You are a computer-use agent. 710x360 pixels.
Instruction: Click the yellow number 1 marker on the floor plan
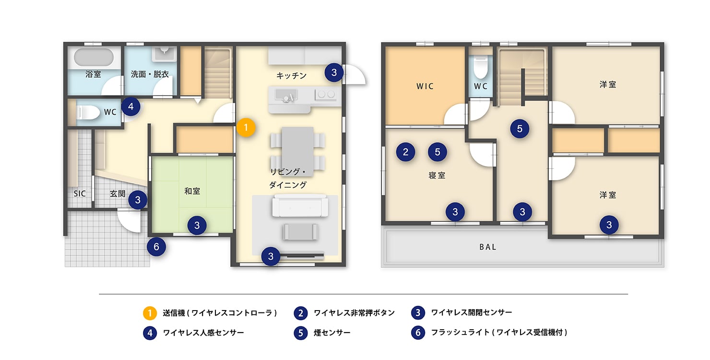(246, 128)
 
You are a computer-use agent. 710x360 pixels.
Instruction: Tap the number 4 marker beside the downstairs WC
(131, 106)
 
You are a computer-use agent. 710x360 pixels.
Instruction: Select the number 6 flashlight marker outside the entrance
(156, 247)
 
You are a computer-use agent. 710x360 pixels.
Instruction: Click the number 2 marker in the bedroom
(406, 152)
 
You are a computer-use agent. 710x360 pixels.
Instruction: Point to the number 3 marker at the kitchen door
(334, 72)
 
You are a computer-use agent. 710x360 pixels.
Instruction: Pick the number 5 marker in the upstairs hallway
(520, 128)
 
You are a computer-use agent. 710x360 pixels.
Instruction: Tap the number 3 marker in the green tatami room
(197, 225)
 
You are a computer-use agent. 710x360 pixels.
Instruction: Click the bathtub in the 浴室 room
(94, 58)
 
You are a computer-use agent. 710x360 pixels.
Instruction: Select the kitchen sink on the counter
(286, 96)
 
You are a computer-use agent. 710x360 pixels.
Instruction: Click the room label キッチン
(291, 76)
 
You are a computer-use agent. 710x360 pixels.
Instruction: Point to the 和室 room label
(192, 191)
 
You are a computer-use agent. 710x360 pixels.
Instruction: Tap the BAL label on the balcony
(488, 247)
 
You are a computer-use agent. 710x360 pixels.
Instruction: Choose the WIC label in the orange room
(425, 86)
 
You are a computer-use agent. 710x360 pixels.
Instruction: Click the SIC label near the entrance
(80, 194)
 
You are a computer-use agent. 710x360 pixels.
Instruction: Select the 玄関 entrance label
(118, 194)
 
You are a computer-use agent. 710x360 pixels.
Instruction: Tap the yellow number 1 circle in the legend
(150, 313)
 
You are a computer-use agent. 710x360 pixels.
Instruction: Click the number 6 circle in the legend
(418, 333)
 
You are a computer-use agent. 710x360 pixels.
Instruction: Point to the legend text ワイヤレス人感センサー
(203, 333)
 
